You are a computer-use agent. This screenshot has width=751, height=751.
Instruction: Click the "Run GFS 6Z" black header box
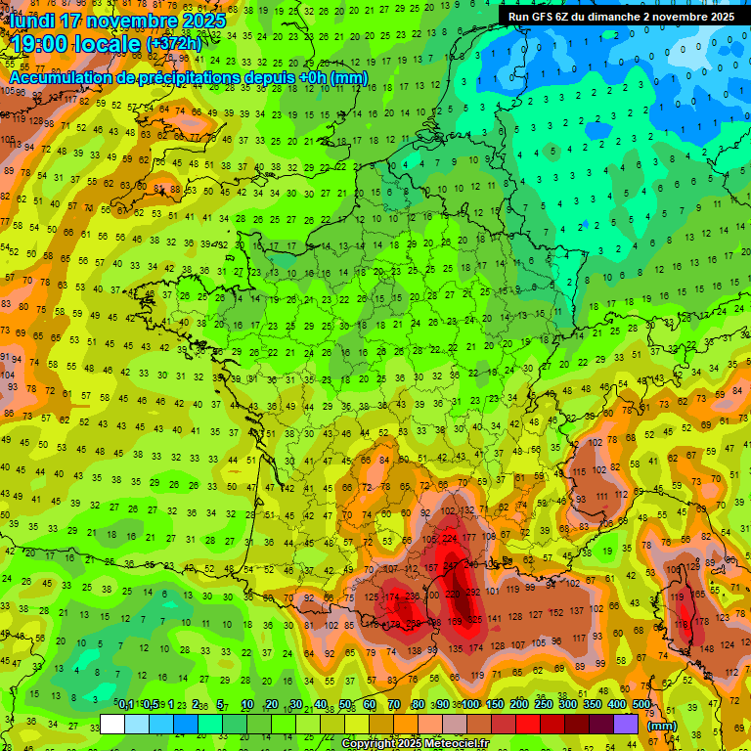[x=620, y=16]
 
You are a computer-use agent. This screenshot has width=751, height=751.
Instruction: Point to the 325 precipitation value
[x=475, y=619]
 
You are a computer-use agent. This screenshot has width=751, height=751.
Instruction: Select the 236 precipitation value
[x=414, y=596]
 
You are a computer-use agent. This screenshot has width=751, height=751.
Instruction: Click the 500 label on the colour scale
[x=641, y=704]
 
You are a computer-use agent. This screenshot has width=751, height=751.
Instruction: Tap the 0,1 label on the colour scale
[x=125, y=704]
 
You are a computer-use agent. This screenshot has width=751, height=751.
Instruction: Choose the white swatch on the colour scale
[x=112, y=724]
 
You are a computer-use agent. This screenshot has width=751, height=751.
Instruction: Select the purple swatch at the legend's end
[x=626, y=724]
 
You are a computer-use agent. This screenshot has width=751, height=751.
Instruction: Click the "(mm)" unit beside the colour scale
[x=662, y=726]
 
